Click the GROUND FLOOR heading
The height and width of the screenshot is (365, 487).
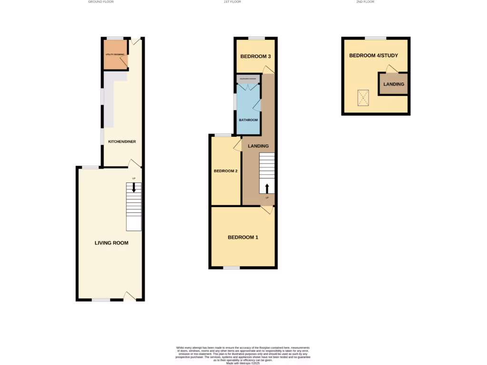(x=101, y=2)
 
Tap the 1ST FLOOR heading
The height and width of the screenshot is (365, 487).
(x=232, y=2)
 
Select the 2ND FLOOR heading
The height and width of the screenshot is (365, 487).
(x=365, y=2)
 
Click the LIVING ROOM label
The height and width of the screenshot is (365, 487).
(x=111, y=243)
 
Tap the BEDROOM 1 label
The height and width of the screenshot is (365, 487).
(x=243, y=237)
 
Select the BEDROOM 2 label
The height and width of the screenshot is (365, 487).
(x=225, y=171)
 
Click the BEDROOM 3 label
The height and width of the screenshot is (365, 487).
(x=255, y=57)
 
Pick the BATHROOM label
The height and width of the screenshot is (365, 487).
(x=248, y=120)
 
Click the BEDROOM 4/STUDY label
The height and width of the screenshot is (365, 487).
(x=373, y=56)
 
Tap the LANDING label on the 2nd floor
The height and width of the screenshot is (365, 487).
(x=394, y=84)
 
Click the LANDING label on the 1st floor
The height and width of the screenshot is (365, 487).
(x=258, y=146)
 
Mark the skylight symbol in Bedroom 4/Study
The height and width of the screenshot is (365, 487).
(x=364, y=98)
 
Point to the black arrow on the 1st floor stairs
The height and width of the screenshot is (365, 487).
(x=267, y=188)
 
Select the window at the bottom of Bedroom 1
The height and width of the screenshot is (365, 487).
(x=232, y=268)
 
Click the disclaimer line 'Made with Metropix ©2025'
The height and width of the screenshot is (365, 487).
(x=243, y=363)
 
